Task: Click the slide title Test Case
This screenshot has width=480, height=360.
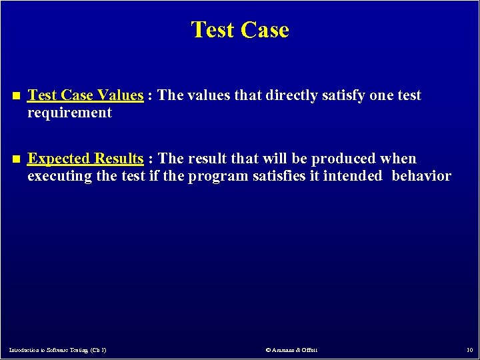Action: (240, 30)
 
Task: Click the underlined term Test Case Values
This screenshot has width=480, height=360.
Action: (85, 95)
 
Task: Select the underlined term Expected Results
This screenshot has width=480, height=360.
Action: (85, 159)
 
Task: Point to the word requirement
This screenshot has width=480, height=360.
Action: (69, 113)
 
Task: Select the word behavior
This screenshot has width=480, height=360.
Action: (421, 176)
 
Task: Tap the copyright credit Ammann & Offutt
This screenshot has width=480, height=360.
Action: (291, 350)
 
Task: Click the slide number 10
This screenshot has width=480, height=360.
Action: (469, 350)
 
